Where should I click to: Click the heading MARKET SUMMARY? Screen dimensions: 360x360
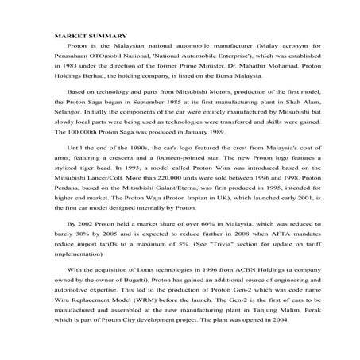pyautogui.click(x=88, y=37)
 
